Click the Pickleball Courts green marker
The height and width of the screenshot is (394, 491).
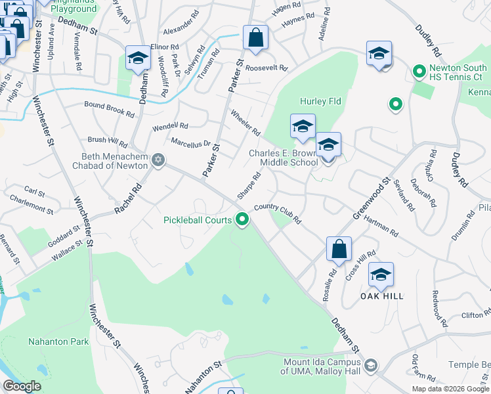(243, 220)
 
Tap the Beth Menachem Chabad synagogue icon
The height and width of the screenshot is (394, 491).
(158, 160)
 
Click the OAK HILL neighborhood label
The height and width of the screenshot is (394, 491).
(381, 296)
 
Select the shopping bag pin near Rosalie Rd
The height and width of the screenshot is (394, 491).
(339, 250)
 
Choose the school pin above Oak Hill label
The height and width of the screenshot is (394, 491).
(381, 275)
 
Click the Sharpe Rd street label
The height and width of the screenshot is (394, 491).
(249, 186)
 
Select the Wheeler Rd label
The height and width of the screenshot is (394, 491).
(245, 123)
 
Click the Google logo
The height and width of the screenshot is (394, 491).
(22, 386)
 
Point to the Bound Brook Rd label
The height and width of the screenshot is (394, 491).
(109, 108)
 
